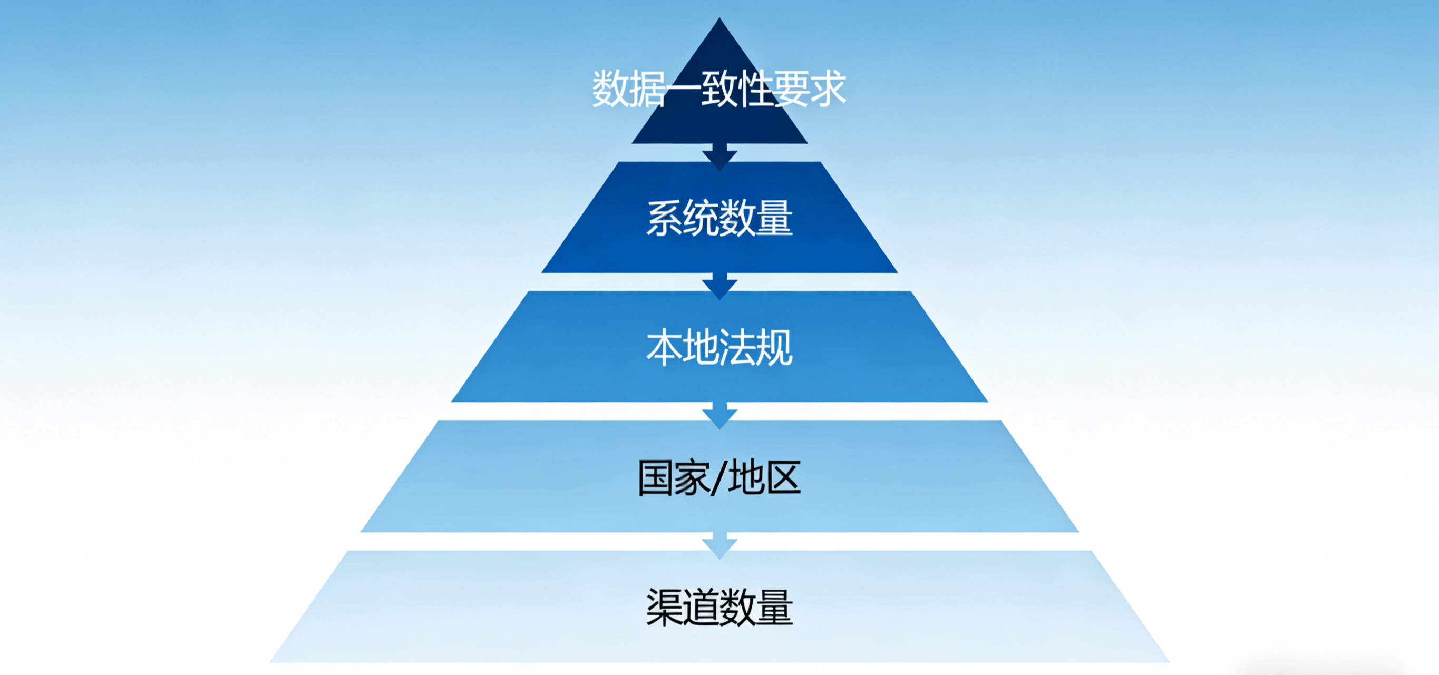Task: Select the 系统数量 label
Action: click(x=719, y=218)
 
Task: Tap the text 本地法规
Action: click(x=719, y=347)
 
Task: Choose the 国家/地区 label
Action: click(x=719, y=478)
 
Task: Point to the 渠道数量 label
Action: click(x=719, y=608)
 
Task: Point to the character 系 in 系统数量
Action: click(x=665, y=218)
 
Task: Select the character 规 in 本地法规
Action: click(x=774, y=347)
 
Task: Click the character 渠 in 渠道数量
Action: click(x=665, y=608)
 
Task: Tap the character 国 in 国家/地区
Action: click(x=656, y=478)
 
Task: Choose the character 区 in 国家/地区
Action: click(x=783, y=478)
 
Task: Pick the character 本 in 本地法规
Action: click(x=665, y=347)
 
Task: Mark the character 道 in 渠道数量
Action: click(x=701, y=608)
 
